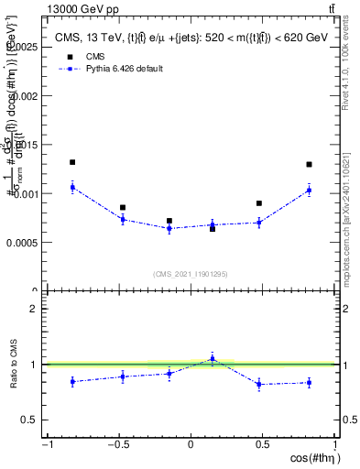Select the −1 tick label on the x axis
point(47,445)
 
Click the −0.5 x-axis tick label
point(117,445)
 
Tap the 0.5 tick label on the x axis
point(263,445)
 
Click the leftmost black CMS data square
point(72,162)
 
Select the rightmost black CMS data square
point(310,165)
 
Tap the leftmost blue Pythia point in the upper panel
point(72,187)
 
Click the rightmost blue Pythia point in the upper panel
point(310,190)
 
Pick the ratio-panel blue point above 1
point(213,358)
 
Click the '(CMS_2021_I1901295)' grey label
point(191,274)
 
